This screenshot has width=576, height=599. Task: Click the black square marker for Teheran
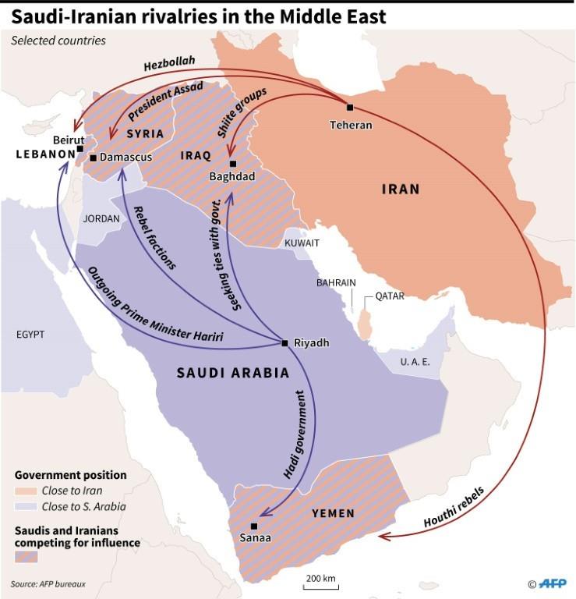pos(350,108)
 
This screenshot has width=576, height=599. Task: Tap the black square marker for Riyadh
pos(285,342)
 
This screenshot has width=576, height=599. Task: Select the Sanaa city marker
pos(255,526)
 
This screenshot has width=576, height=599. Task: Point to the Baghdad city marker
pos(232,164)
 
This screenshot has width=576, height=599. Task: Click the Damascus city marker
pos(94,158)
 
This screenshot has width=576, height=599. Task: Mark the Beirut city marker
pos(80,148)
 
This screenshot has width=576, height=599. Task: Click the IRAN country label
pos(401,189)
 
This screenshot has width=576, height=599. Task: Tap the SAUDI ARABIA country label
pos(233,373)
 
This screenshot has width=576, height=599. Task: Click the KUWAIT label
pos(302,243)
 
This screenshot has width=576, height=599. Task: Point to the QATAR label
pos(390,296)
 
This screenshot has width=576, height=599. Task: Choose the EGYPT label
pos(30,335)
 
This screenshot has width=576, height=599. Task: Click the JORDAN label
pos(101,219)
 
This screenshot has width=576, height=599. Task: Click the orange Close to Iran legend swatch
pos(25,491)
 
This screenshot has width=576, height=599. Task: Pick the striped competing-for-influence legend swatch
pos(26,556)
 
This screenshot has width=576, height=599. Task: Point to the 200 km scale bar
pos(320,585)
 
